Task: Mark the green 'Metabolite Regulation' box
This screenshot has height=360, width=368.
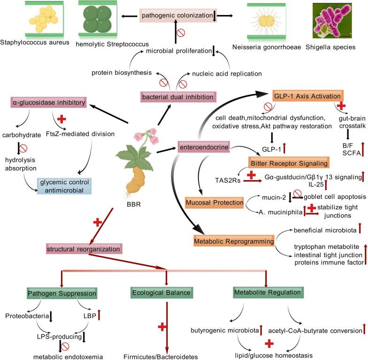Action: coord(268,293)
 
